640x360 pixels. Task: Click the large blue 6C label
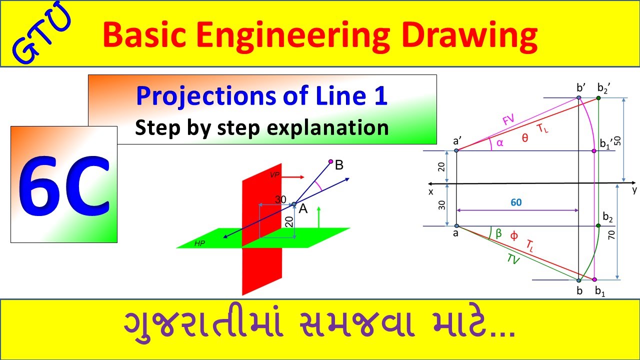64,184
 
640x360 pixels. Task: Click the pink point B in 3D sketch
330,161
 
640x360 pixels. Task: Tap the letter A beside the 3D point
303,209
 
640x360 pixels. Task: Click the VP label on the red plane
274,175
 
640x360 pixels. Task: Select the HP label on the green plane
200,243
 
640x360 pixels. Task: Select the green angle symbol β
498,232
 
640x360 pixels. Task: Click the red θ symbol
524,138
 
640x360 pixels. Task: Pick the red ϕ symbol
513,236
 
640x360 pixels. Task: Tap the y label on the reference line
634,190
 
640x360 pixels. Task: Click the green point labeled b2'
598,97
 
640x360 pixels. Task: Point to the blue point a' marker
457,150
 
